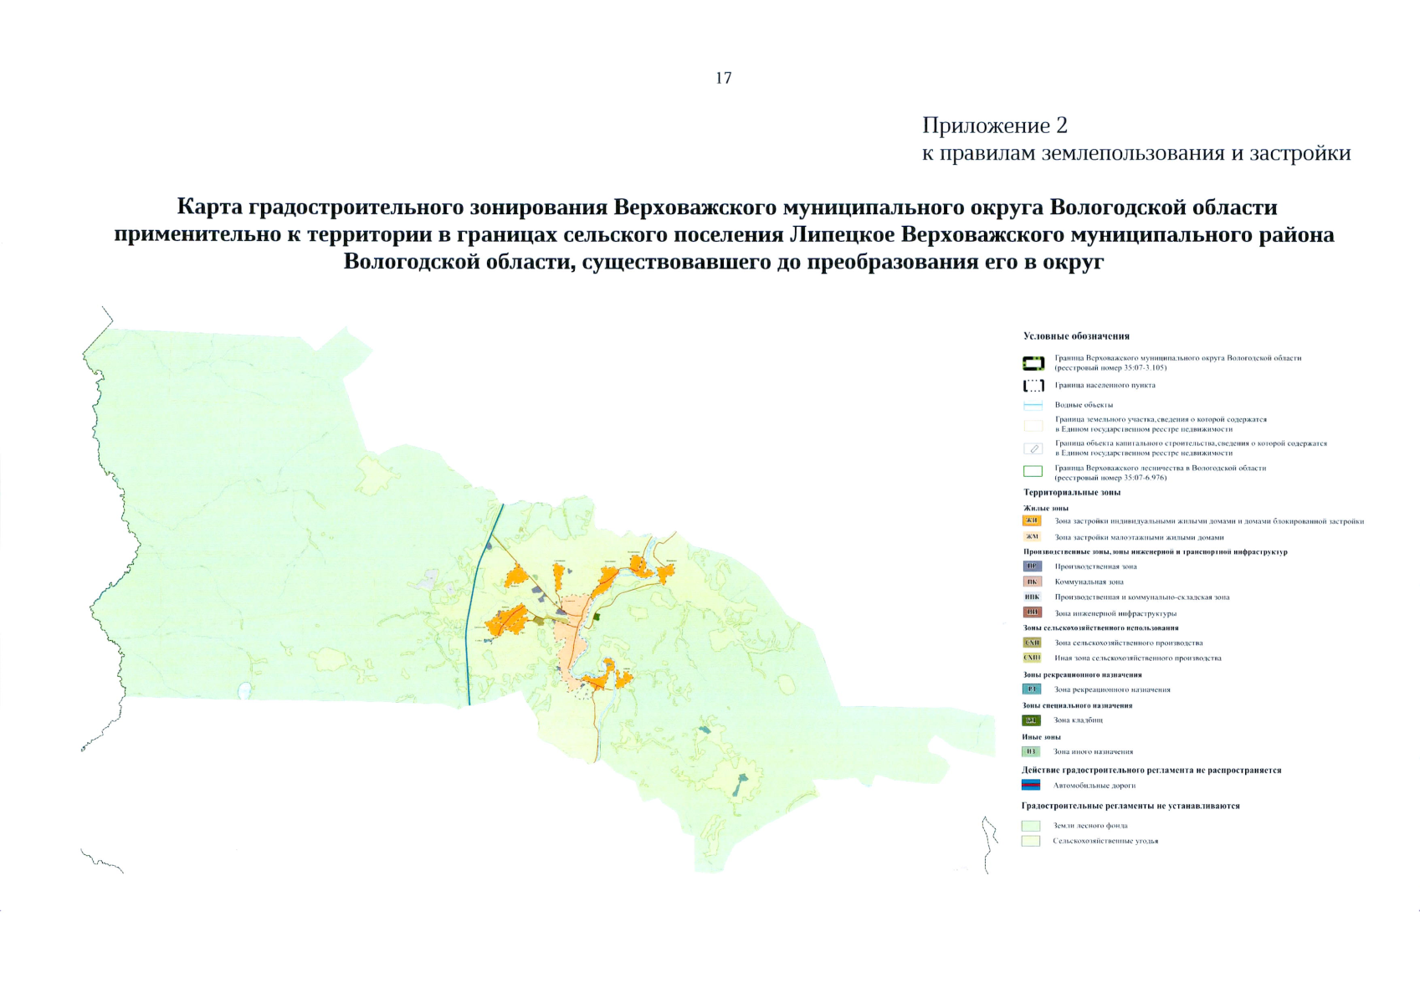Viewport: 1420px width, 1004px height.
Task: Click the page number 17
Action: click(724, 78)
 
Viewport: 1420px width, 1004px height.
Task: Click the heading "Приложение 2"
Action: click(994, 125)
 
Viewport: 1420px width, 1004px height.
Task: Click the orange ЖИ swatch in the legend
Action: click(1033, 521)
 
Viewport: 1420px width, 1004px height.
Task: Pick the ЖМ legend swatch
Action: click(1033, 537)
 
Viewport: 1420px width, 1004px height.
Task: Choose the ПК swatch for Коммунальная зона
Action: click(1033, 581)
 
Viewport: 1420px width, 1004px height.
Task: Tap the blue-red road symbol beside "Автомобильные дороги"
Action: click(1031, 786)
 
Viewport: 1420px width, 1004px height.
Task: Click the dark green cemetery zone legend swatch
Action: click(1032, 720)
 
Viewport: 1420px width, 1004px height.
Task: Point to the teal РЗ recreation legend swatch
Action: click(1032, 689)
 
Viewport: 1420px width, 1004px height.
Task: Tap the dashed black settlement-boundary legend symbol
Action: click(1033, 386)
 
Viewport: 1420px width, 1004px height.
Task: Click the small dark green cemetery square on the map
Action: click(598, 617)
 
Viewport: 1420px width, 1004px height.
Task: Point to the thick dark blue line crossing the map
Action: click(483, 602)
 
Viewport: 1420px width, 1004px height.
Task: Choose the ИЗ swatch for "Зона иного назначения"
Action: click(1031, 751)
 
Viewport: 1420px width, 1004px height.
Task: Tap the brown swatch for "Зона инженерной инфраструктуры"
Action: click(1033, 612)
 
